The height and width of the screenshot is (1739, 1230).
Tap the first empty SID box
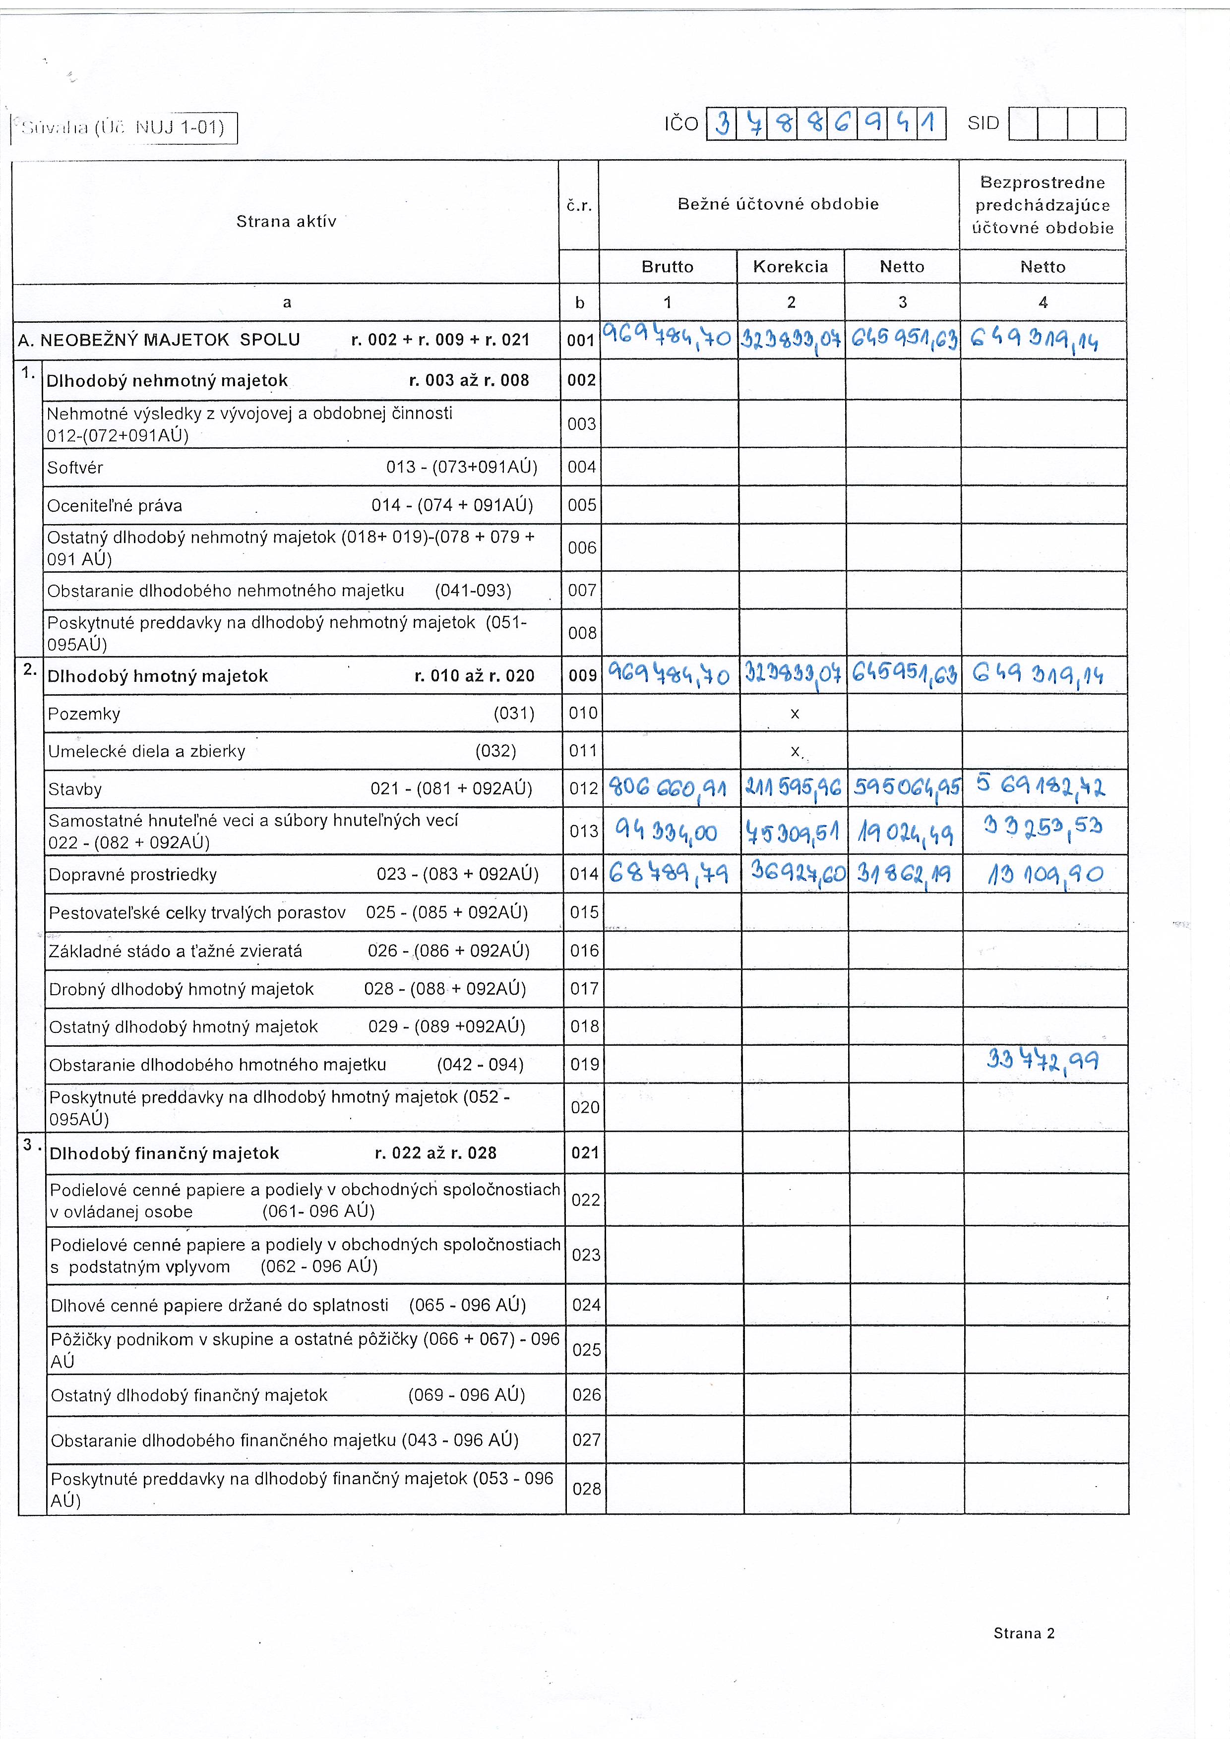[x=1023, y=124]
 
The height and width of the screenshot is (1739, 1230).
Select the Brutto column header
[x=667, y=267]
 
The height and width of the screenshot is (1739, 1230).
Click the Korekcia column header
[x=790, y=267]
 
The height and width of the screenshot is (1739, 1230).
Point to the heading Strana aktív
[x=286, y=221]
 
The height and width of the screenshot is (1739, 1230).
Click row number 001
[x=580, y=340]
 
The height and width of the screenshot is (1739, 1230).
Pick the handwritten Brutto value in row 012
[x=667, y=788]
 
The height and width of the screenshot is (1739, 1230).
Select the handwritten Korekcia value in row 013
[x=792, y=833]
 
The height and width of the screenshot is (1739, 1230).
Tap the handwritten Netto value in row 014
[x=903, y=875]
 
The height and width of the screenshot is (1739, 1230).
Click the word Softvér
[x=75, y=467]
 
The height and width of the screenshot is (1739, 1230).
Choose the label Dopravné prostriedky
[x=132, y=875]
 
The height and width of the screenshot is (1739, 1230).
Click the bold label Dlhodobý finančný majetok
[x=164, y=1153]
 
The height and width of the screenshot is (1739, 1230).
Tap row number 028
[x=586, y=1488]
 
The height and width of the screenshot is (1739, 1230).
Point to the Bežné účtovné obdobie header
[x=778, y=204]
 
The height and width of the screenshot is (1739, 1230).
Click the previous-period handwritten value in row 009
[x=1037, y=674]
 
